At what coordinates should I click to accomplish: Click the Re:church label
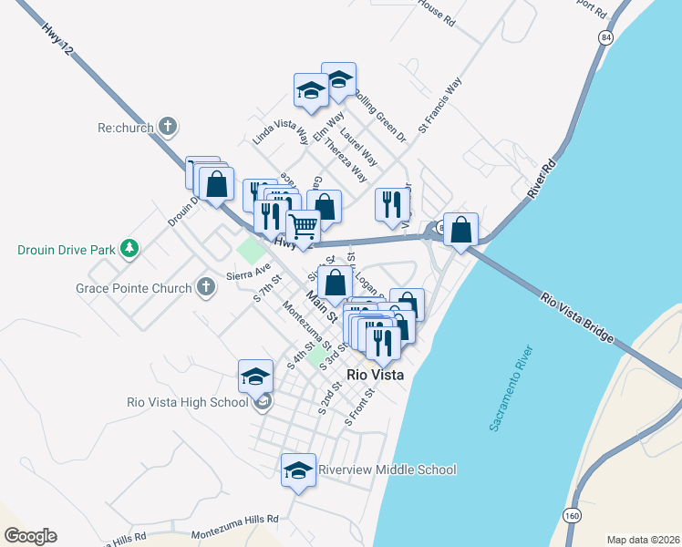(123, 128)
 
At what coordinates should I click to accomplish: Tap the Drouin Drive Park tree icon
(129, 248)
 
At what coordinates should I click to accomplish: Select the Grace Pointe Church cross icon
(207, 288)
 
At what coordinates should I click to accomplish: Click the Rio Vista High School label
(188, 402)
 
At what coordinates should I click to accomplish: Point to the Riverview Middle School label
(387, 470)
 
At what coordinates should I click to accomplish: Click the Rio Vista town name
(376, 374)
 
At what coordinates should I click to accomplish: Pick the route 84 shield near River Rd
(606, 36)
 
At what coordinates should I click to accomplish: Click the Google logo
(29, 536)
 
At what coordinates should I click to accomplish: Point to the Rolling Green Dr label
(378, 115)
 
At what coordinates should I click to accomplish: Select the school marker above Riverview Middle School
(298, 469)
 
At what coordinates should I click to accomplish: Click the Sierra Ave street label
(249, 271)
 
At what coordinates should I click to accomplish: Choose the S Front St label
(360, 407)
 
